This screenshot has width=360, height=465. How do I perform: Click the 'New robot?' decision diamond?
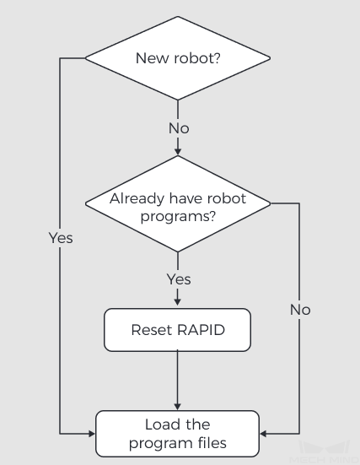pyautogui.click(x=178, y=58)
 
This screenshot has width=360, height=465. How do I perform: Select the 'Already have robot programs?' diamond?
pyautogui.click(x=178, y=203)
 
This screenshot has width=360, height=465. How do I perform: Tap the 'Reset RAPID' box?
pyautogui.click(x=178, y=330)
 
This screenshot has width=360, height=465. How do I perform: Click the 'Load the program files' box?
pyautogui.click(x=178, y=434)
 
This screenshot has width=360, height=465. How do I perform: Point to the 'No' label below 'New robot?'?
pyautogui.click(x=179, y=128)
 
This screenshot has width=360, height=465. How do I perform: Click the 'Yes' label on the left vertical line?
pyautogui.click(x=61, y=238)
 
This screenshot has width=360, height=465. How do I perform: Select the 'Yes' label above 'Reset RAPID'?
pyautogui.click(x=179, y=279)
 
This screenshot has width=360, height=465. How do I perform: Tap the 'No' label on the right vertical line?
pyautogui.click(x=300, y=310)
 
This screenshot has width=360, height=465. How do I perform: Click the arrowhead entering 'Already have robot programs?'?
pyautogui.click(x=178, y=151)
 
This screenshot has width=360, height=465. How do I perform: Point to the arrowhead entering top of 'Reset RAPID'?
pyautogui.click(x=178, y=302)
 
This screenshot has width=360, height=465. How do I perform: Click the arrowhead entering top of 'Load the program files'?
pyautogui.click(x=178, y=407)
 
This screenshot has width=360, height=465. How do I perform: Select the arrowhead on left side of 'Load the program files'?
pyautogui.click(x=92, y=434)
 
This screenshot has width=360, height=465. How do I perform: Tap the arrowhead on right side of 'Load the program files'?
pyautogui.click(x=263, y=434)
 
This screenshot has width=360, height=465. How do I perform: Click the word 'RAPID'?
pyautogui.click(x=201, y=330)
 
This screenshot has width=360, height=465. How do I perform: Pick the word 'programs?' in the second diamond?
pyautogui.click(x=178, y=217)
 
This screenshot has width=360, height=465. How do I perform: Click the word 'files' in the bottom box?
pyautogui.click(x=212, y=443)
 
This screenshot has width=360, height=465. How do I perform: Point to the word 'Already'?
pyautogui.click(x=137, y=198)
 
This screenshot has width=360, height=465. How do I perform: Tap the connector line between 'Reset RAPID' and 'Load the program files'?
pyautogui.click(x=178, y=381)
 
